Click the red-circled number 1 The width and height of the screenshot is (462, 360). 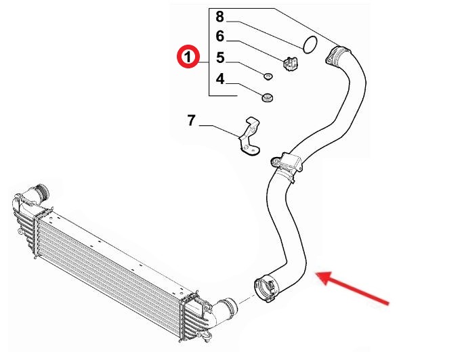[188, 56]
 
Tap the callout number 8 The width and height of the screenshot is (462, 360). [219, 16]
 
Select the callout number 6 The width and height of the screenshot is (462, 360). [219, 37]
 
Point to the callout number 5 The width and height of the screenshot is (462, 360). [220, 58]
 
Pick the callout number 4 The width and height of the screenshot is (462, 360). [220, 79]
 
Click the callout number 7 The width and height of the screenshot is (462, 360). [191, 120]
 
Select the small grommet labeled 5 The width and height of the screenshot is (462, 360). [268, 76]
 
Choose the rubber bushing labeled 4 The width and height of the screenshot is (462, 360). [267, 97]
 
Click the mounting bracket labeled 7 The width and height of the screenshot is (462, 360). [249, 137]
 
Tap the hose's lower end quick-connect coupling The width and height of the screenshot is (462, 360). [265, 288]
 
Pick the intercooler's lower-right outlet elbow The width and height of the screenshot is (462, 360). [224, 312]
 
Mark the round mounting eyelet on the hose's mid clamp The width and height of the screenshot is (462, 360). [275, 161]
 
